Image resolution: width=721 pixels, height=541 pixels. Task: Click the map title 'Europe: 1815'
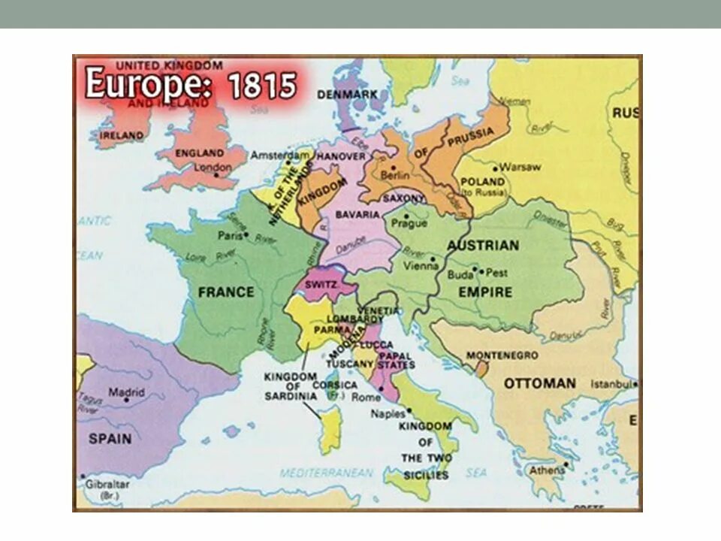point(191,84)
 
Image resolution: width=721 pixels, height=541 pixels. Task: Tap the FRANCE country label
point(226,292)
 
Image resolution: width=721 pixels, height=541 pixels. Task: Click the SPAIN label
point(110,438)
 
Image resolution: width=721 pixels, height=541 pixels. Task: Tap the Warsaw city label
point(520,167)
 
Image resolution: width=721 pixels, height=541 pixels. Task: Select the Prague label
point(409,224)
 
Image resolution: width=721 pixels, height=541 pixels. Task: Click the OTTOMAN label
point(539,383)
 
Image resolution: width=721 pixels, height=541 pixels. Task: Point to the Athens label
point(547,470)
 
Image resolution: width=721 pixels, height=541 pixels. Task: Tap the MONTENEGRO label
point(502,355)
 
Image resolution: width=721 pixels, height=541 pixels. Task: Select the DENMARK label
point(347,95)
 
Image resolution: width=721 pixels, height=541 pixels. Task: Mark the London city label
point(213,168)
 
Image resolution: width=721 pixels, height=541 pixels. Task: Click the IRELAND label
point(121,135)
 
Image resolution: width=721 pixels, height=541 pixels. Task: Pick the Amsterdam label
point(279,155)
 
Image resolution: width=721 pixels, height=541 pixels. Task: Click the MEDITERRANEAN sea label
point(326,473)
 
